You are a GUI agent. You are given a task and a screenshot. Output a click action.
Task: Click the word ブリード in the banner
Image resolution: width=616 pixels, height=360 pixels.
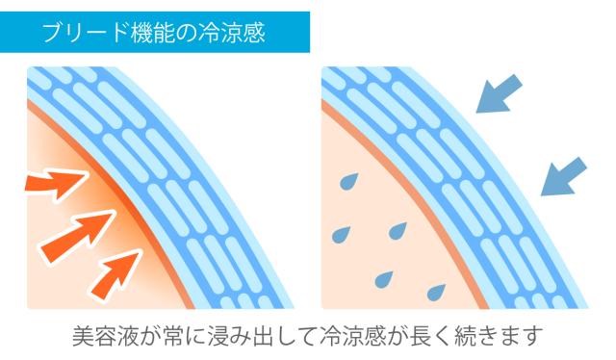point(86,32)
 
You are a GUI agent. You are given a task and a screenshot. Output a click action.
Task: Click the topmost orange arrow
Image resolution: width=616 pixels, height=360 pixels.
point(56,184)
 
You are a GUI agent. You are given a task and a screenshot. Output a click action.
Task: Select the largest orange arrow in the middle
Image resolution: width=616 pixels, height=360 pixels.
point(77,235)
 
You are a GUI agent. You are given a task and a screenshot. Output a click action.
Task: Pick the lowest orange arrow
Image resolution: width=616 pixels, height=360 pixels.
point(115,274)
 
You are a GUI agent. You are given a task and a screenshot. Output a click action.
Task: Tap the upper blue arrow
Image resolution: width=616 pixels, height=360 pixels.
point(499,93)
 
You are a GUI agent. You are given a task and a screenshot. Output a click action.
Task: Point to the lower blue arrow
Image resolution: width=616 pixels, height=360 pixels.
point(564,176)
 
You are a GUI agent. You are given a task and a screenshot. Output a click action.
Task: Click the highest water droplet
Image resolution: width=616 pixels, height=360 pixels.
point(348,181)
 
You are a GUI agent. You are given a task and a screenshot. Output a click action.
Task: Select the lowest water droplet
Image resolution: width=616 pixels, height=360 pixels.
point(436,292)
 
